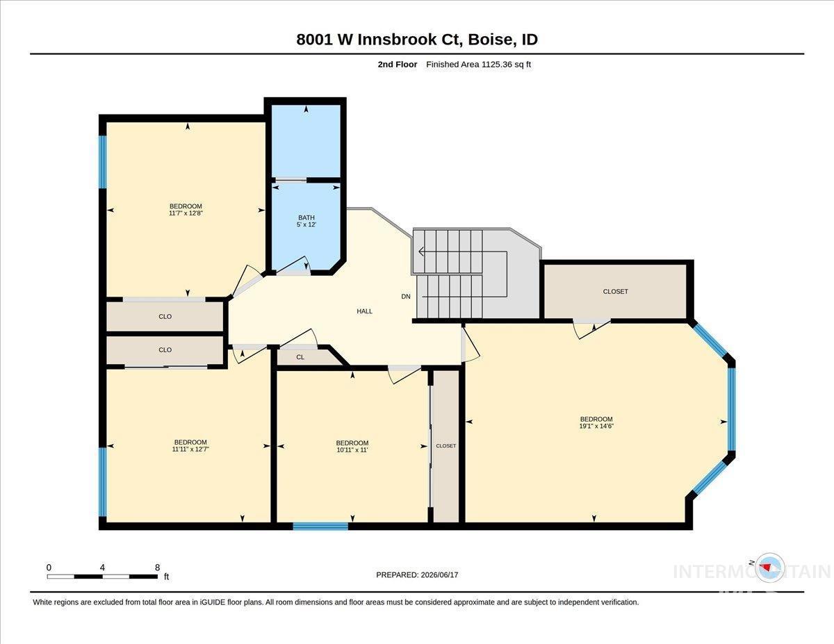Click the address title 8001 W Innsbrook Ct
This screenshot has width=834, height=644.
(378, 39)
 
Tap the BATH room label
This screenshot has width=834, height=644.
(306, 217)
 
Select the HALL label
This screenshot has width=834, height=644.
(364, 311)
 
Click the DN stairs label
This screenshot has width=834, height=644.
(406, 296)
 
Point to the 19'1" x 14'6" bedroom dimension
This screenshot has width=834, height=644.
(596, 426)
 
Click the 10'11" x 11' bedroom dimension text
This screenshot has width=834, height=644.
(352, 449)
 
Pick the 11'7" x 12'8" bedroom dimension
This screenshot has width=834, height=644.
(186, 213)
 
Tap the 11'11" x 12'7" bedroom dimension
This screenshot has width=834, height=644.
(190, 449)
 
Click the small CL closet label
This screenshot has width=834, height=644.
(300, 357)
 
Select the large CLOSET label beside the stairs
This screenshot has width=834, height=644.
(615, 292)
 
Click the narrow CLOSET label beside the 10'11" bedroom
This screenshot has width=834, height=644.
(446, 446)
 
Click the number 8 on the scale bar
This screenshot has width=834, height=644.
(157, 568)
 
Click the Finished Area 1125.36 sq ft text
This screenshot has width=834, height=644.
(478, 65)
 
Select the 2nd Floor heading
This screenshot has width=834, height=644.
(398, 65)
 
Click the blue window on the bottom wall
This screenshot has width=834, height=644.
(320, 526)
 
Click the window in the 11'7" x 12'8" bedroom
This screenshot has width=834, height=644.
(102, 162)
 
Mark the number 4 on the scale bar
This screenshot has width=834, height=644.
(102, 568)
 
